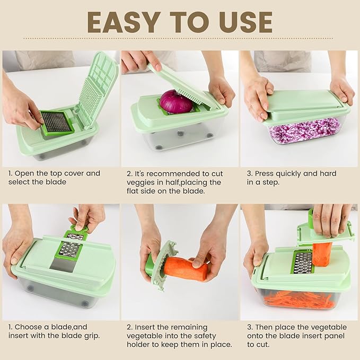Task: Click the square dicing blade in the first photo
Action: click(57, 122)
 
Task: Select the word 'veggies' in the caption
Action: click(139, 182)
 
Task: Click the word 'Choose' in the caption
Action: click(28, 327)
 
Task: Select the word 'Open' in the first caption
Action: click(24, 173)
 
